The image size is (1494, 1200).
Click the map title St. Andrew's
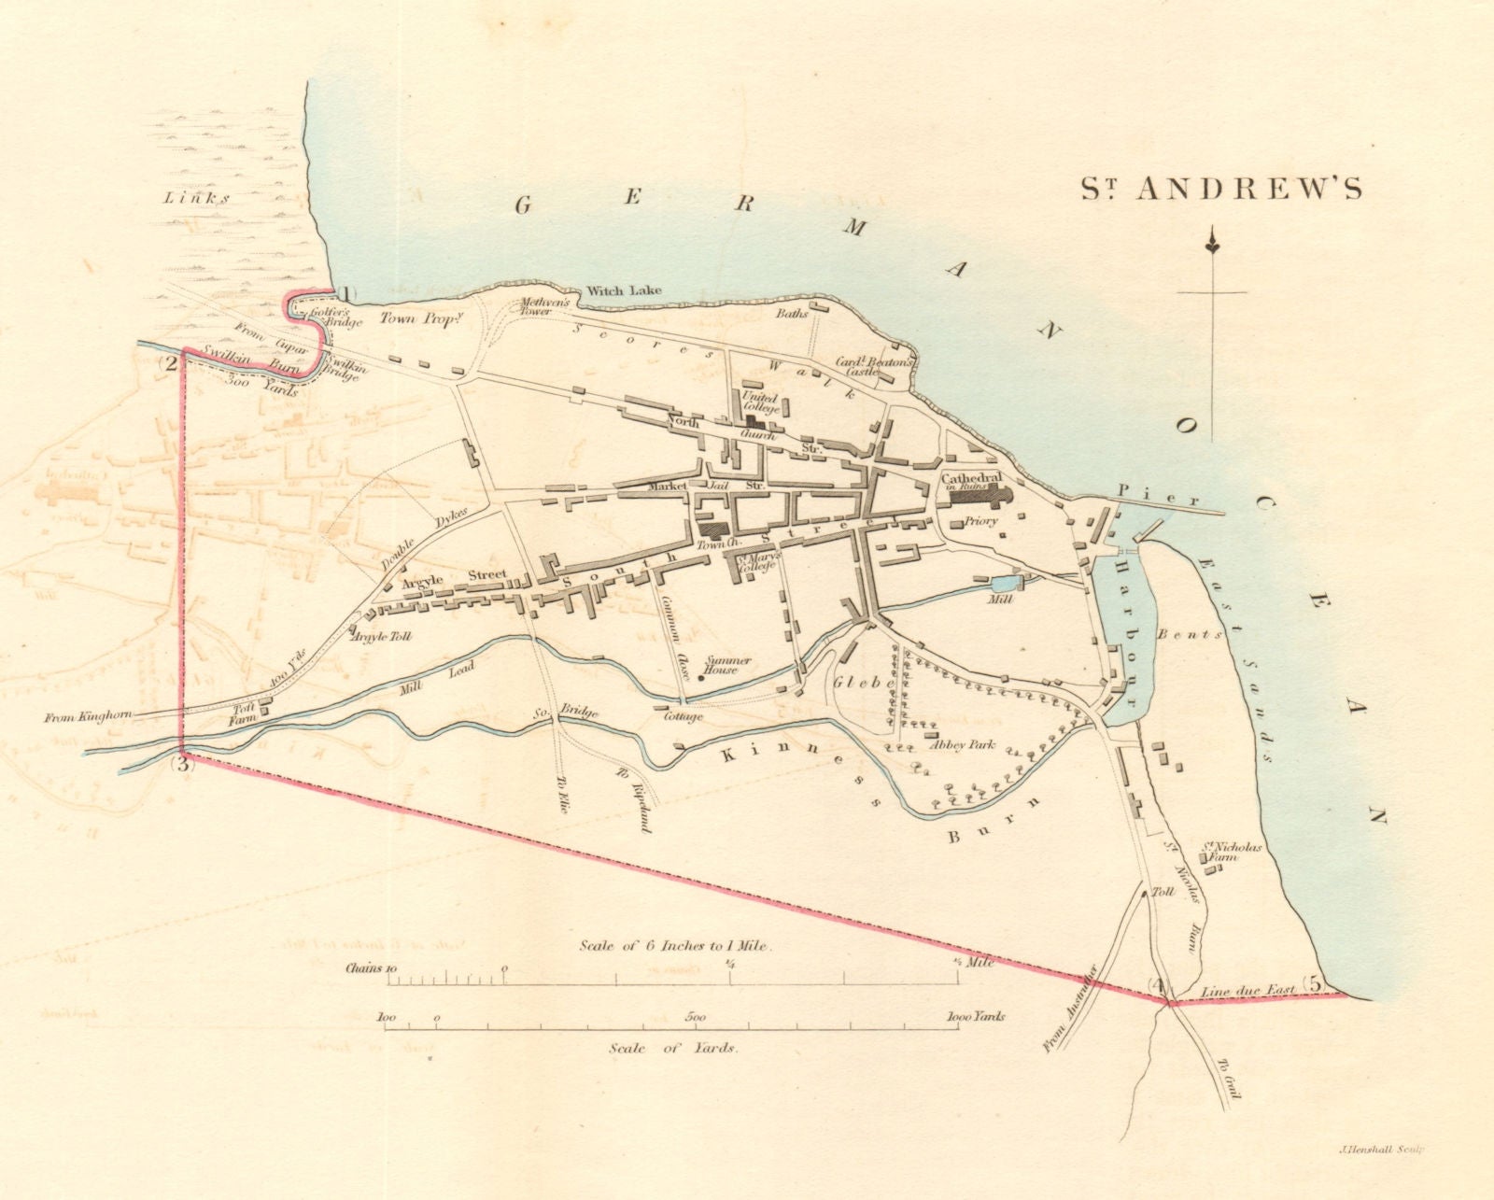[x=1221, y=189]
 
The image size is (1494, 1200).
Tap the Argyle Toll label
[x=381, y=636]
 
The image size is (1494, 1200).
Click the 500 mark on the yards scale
[x=696, y=1017]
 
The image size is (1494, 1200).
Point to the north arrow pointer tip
[x=1212, y=246]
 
